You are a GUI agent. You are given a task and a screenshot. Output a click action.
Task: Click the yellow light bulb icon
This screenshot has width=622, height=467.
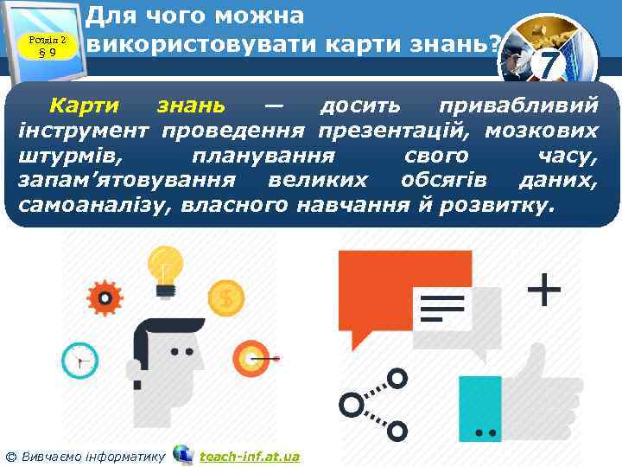point(164,265)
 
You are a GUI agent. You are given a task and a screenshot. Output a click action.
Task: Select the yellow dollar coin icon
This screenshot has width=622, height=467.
point(226,297)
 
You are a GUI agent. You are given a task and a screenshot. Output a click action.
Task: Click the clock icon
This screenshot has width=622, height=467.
point(80,360)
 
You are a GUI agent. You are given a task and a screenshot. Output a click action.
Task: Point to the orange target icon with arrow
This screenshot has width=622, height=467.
point(252,356)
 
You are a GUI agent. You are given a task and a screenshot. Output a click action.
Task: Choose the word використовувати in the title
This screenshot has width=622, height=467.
point(189,44)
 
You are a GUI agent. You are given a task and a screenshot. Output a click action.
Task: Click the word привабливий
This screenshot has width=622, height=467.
point(517,106)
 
